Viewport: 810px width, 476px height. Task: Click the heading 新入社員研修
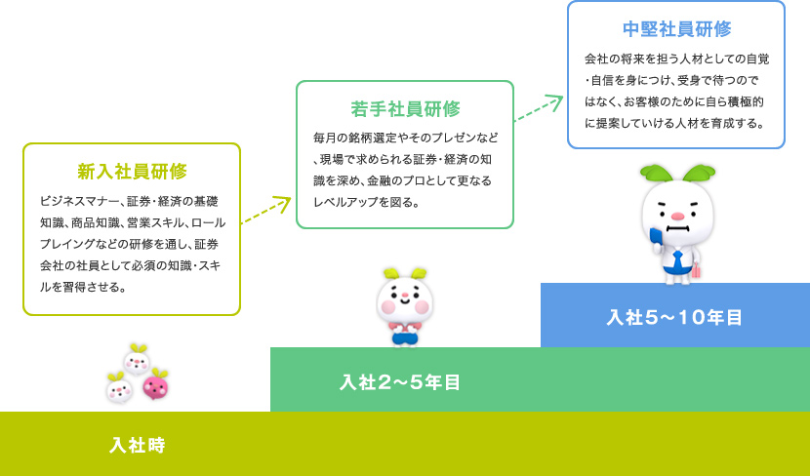pos(133,172)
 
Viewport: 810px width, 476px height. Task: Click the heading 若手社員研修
pos(406,109)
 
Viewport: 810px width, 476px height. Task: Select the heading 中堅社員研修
pos(676,29)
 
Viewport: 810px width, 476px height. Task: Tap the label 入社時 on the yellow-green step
pos(138,445)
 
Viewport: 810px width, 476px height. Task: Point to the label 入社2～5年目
pos(400,382)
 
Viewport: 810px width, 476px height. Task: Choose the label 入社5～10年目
pos(674,318)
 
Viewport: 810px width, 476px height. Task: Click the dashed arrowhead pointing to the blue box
pos(555,100)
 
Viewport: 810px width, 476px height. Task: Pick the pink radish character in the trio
pos(155,384)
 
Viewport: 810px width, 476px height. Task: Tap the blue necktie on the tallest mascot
pos(677,259)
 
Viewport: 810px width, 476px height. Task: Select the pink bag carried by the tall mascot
pos(696,270)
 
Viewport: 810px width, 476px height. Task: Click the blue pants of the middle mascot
pos(405,338)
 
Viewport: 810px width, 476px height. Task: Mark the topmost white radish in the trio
pos(137,359)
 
